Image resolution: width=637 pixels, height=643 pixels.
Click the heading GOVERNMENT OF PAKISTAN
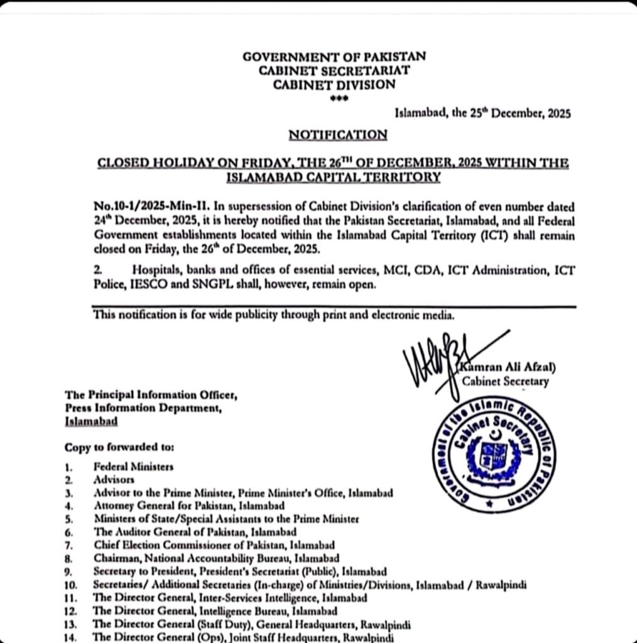(334, 57)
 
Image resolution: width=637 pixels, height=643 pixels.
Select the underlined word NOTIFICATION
(337, 135)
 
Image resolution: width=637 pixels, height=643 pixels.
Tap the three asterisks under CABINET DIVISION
(335, 99)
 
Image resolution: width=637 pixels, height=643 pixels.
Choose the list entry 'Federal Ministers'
(133, 467)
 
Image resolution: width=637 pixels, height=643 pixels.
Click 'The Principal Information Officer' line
(151, 396)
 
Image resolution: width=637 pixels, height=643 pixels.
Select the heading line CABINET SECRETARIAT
(334, 70)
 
